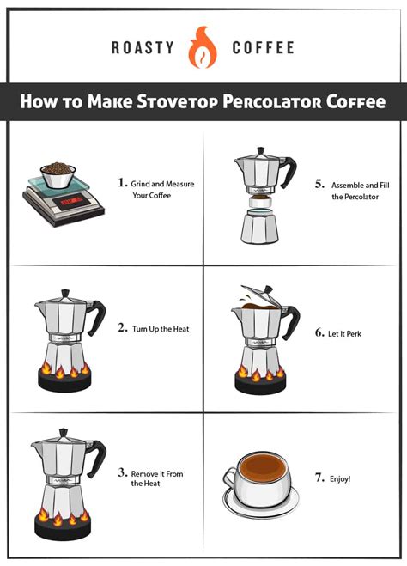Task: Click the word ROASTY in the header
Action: pos(143,48)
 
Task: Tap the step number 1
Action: pos(122,182)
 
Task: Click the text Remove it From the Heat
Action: pos(156,478)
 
